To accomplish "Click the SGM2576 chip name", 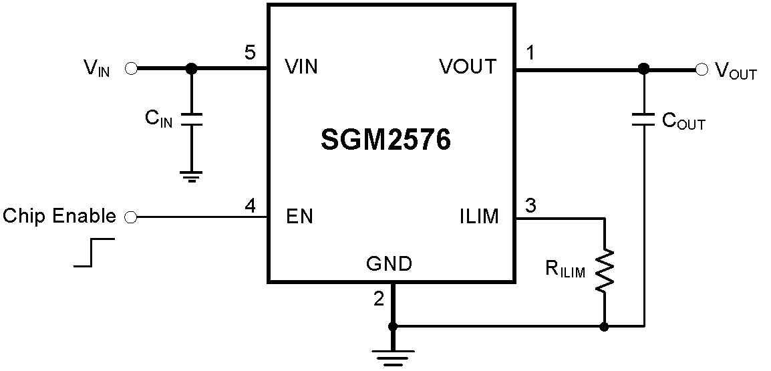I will [385, 141].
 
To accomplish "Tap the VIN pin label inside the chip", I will [301, 67].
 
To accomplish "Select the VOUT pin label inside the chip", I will [468, 67].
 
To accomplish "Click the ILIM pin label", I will [478, 217].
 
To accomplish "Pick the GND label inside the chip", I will [389, 264].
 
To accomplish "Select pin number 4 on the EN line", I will [250, 206].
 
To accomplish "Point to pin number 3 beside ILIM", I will [531, 206].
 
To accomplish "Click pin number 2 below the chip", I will [379, 299].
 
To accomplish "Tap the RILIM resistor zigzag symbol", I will [604, 270].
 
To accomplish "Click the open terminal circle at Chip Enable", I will [131, 217].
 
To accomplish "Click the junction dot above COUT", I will [643, 68].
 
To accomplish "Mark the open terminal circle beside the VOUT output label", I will [701, 68].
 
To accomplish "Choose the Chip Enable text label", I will [59, 217].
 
